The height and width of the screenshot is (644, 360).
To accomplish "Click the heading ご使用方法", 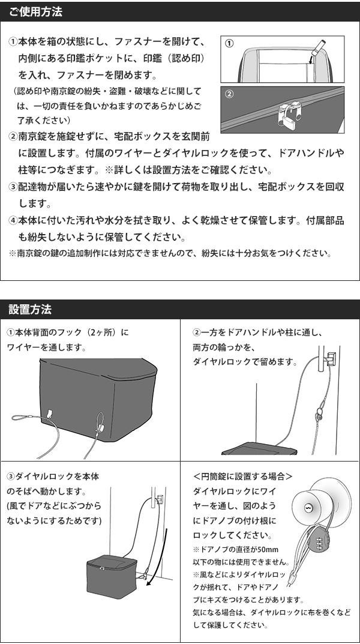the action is pyautogui.click(x=35, y=12).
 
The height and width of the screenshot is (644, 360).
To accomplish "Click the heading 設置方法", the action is pyautogui.click(x=30, y=309).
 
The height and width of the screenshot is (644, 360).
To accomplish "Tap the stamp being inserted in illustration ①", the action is pyautogui.click(x=317, y=47).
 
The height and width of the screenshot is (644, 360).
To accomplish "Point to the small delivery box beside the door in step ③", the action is pyautogui.click(x=112, y=576).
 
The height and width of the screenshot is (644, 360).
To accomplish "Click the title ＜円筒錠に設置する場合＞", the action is pyautogui.click(x=242, y=477).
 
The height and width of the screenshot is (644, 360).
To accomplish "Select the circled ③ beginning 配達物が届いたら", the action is pyautogui.click(x=13, y=187).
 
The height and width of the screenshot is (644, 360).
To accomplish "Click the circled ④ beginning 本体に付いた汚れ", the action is pyautogui.click(x=13, y=220).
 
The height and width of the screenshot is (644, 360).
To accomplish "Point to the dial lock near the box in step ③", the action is pyautogui.click(x=145, y=573).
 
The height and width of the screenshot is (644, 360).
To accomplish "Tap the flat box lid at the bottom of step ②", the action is pyautogui.click(x=259, y=448).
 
